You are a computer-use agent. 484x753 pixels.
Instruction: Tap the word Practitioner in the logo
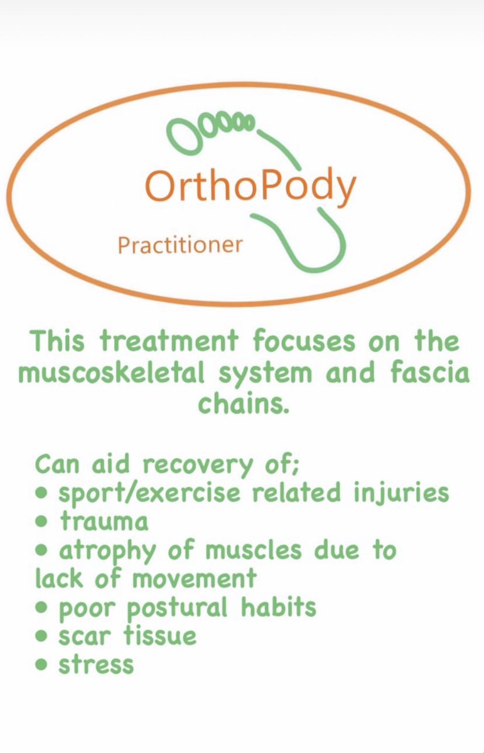pos(180,245)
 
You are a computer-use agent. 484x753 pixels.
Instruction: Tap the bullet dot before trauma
pos(42,521)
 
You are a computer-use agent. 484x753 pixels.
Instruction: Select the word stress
pos(96,665)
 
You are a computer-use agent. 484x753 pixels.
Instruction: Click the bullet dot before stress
pos(42,665)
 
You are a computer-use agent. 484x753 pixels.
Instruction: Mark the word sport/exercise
pos(149,493)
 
